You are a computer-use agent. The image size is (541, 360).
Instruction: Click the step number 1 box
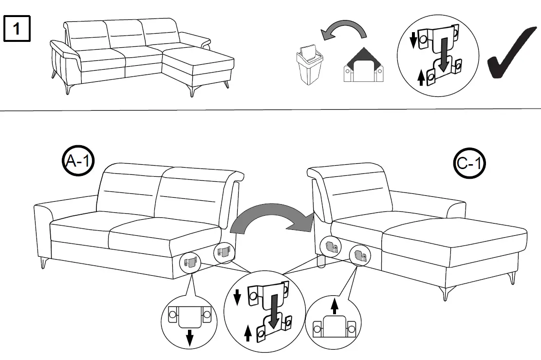point(17,29)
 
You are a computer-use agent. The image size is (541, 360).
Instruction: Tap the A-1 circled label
point(78,161)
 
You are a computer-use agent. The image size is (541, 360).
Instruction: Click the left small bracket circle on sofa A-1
point(190,263)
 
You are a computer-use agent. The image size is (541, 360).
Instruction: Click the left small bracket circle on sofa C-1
point(331,247)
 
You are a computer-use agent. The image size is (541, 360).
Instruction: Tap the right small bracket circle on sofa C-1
point(360,254)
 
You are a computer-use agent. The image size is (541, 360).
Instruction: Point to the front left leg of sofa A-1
point(42,263)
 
